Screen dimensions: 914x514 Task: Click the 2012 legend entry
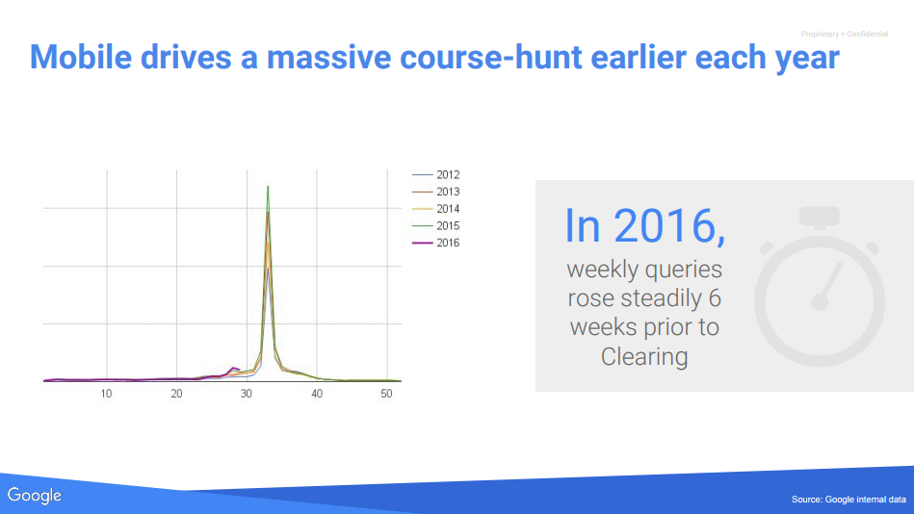pyautogui.click(x=436, y=175)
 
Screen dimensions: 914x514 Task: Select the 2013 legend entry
pyautogui.click(x=436, y=192)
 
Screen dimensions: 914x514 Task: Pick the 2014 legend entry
pyautogui.click(x=436, y=209)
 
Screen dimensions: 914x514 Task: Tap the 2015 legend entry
pyautogui.click(x=436, y=225)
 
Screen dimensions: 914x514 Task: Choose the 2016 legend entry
pyautogui.click(x=436, y=243)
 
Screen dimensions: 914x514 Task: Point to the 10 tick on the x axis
pyautogui.click(x=106, y=394)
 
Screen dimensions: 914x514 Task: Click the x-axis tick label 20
pyautogui.click(x=176, y=394)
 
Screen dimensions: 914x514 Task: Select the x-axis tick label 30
pyautogui.click(x=246, y=394)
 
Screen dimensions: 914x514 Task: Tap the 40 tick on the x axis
pyautogui.click(x=317, y=394)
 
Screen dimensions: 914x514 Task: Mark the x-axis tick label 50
pyautogui.click(x=386, y=394)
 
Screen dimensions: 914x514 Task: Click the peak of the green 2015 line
pyautogui.click(x=268, y=187)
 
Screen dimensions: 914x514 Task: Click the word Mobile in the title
pyautogui.click(x=81, y=57)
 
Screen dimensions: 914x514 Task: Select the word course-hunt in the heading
pyautogui.click(x=491, y=57)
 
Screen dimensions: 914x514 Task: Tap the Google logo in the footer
pyautogui.click(x=35, y=496)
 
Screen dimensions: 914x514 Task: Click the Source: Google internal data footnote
pyautogui.click(x=849, y=500)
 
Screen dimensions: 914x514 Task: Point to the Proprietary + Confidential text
pyautogui.click(x=845, y=35)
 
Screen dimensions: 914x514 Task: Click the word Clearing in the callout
pyautogui.click(x=644, y=356)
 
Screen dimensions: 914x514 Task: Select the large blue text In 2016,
pyautogui.click(x=644, y=226)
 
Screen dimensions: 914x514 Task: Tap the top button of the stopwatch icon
pyautogui.click(x=820, y=217)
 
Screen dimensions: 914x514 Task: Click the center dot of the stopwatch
pyautogui.click(x=820, y=302)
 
